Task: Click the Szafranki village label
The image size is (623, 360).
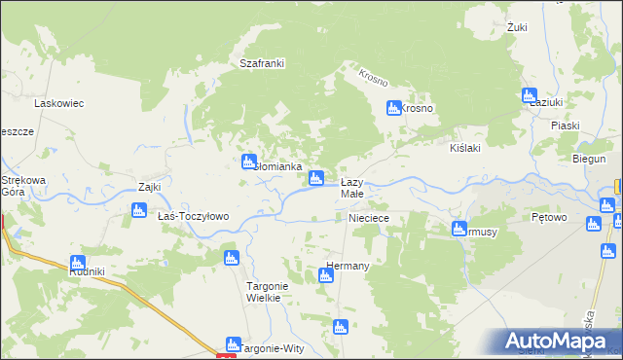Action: coord(262,64)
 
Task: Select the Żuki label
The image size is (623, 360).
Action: coord(517,27)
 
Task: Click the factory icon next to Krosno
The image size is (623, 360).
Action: coord(394,108)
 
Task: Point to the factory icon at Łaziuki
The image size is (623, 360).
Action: coord(530,96)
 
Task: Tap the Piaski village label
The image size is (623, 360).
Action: coord(565,126)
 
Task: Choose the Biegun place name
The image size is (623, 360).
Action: coord(589,159)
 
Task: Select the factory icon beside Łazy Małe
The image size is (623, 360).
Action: coord(316,178)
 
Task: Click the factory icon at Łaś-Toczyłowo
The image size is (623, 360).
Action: coord(138,209)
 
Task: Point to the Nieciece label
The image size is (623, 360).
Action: coord(369,219)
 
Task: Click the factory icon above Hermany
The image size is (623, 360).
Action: coord(326,275)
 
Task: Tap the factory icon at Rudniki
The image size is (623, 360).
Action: coord(78,263)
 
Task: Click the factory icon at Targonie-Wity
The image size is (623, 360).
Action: coord(233,343)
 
